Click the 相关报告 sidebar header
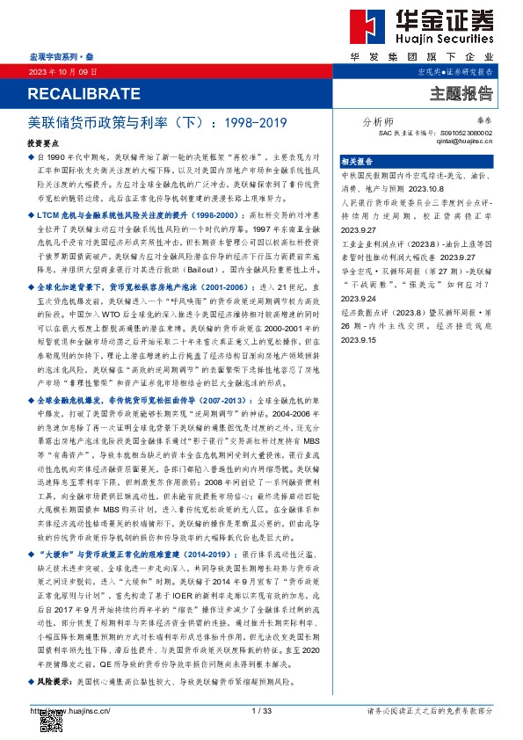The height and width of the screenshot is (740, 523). (x=358, y=162)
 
